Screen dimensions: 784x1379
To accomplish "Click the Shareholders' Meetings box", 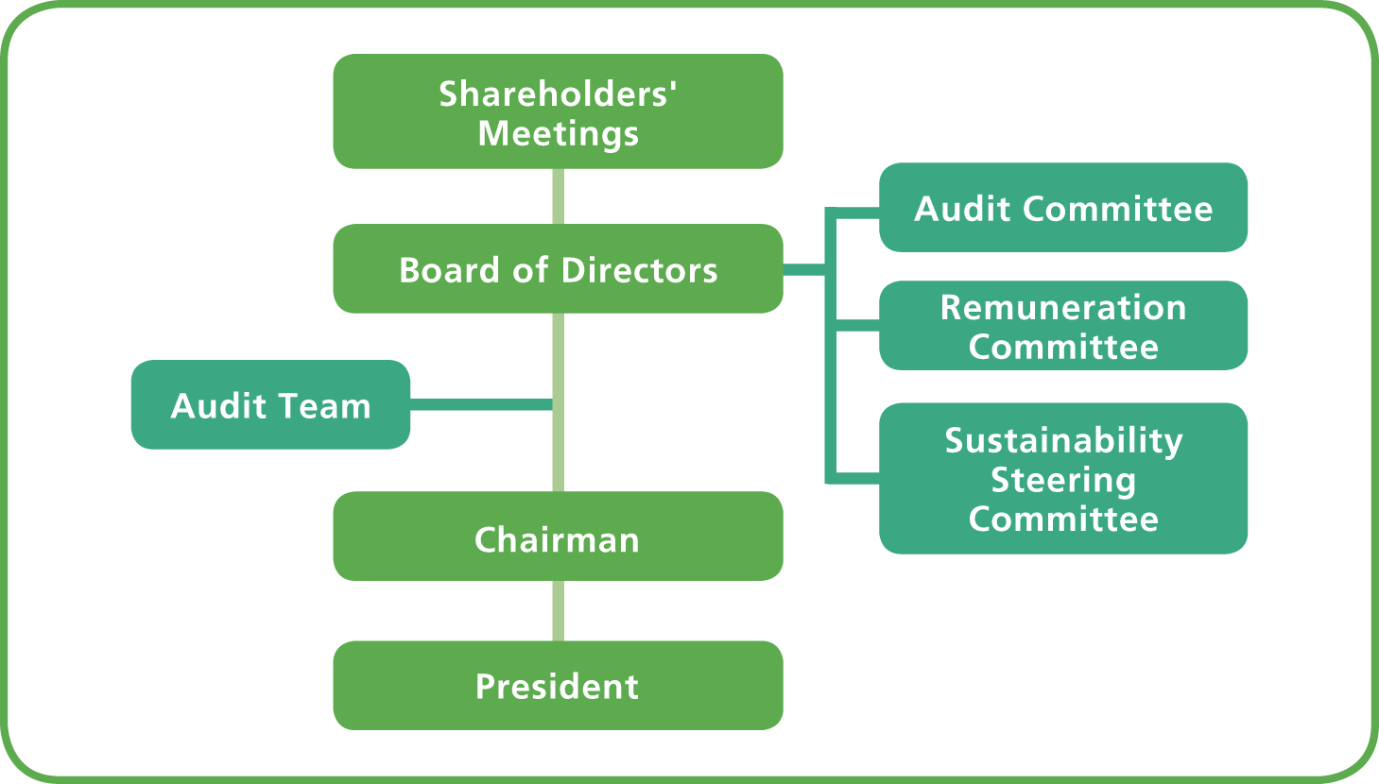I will tap(558, 111).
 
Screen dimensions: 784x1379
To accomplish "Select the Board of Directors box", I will tap(558, 269).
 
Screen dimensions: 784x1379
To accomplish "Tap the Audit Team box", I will tap(270, 405).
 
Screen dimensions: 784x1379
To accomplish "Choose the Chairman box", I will tap(558, 537).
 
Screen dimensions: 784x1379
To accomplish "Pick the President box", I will tap(558, 686).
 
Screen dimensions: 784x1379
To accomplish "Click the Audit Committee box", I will tap(1062, 208).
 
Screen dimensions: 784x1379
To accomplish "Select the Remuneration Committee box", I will tap(1062, 326).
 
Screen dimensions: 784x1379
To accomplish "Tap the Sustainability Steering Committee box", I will tap(1062, 479).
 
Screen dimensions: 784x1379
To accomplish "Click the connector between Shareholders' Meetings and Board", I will tap(558, 196).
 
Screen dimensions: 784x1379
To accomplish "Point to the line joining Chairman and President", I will tap(558, 611).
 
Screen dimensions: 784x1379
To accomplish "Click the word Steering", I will tap(1062, 481).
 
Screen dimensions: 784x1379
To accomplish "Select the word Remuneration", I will tap(1062, 308).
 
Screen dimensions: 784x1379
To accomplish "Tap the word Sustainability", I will tap(1063, 441).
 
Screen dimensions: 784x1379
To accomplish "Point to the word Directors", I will tap(639, 271).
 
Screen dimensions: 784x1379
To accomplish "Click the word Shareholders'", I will tap(558, 94).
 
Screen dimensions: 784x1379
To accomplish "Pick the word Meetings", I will tap(558, 134).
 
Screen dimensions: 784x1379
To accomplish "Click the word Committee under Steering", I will tap(1062, 519).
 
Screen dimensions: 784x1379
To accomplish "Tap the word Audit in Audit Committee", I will tap(959, 209).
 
